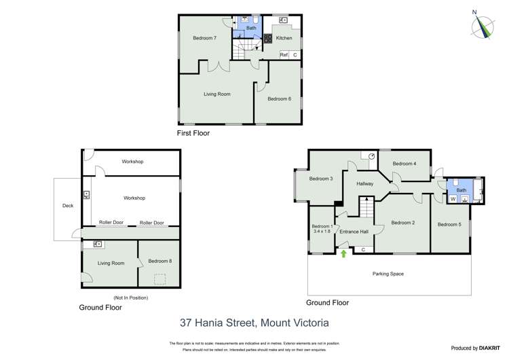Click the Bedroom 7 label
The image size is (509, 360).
pos(204,38)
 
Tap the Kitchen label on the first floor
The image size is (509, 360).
pos(284,38)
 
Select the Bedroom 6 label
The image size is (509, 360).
pos(279,99)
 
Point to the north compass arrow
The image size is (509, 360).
pos(483,25)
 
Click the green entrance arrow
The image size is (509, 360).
pos(343,254)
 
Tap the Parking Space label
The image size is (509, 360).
pos(388,274)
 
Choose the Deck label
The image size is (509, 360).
pos(67,205)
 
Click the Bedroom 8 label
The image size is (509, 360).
pos(159,261)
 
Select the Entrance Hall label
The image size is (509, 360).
pos(354,232)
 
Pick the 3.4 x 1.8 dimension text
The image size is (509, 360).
pos(322,232)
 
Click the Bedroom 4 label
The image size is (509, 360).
pos(404,164)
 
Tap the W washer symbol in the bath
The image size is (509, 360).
pos(453,200)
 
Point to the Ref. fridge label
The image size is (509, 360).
pos(284,55)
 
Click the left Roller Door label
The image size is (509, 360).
pos(111,223)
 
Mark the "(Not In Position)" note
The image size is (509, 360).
pos(130,298)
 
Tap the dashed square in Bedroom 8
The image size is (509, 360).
pos(161,278)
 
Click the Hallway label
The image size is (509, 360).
pos(365,184)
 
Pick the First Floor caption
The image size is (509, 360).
pos(193,133)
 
